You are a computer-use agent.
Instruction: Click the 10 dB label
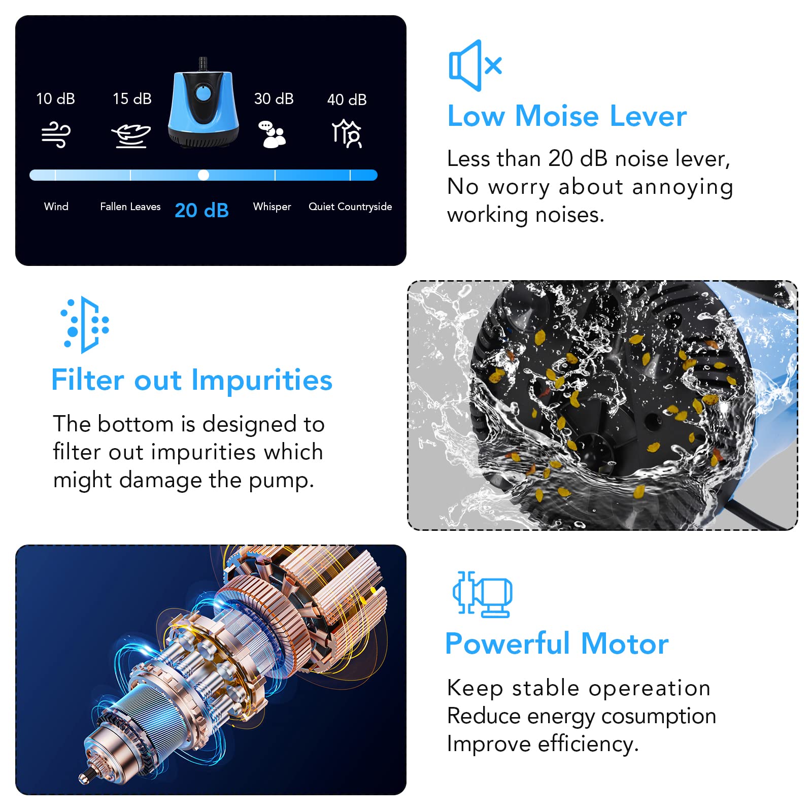(56, 98)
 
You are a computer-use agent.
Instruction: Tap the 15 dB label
(132, 98)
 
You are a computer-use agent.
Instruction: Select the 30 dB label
(274, 98)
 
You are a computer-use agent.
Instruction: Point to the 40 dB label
(347, 99)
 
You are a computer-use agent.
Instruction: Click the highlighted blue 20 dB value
(201, 210)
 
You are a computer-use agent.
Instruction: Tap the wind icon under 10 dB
(56, 134)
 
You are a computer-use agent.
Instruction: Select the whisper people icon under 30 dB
(273, 134)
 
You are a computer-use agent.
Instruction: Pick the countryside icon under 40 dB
(347, 133)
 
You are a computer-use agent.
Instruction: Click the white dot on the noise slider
(204, 175)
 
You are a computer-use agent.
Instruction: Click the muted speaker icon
(475, 65)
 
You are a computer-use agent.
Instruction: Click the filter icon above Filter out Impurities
(85, 325)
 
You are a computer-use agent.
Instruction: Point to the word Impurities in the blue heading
(262, 381)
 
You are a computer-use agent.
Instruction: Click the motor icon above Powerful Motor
(483, 594)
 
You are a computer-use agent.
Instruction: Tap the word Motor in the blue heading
(625, 644)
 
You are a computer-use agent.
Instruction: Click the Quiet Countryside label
(350, 207)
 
